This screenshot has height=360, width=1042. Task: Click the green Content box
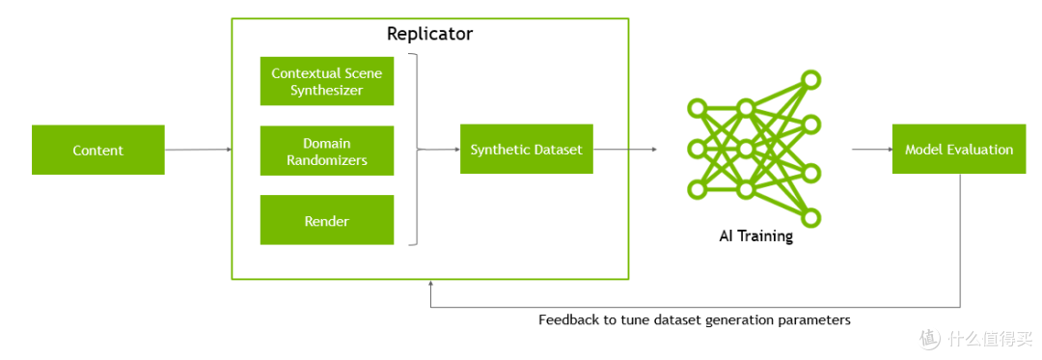pos(97,150)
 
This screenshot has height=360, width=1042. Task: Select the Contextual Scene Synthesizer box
pos(326,81)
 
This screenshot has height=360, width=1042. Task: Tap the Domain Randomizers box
pos(326,151)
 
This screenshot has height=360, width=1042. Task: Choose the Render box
pos(326,221)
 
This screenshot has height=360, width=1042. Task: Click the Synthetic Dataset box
pos(526,150)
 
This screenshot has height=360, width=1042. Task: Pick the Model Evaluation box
pos(958,150)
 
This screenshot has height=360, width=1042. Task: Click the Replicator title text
pos(429,34)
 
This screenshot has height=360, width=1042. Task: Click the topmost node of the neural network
pos(811,78)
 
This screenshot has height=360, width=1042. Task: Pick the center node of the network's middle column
pos(745,149)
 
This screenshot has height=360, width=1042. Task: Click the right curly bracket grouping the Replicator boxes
pos(415,150)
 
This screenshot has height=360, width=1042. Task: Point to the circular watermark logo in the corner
pos(929,339)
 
